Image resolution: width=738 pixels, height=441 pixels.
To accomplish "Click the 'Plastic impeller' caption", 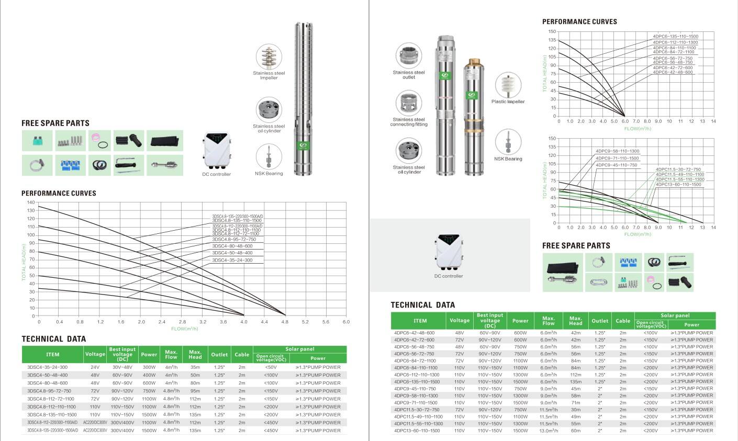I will tap(508, 101).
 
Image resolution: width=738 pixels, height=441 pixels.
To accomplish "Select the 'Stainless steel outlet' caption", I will tap(409, 75).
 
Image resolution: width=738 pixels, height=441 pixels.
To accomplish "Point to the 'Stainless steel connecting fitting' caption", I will tap(409, 122).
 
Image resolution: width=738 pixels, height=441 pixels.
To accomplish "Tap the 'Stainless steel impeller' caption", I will tap(269, 75).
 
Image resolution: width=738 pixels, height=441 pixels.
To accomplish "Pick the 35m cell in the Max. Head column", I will tap(195, 367).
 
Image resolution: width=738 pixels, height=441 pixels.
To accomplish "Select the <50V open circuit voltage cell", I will tap(271, 367).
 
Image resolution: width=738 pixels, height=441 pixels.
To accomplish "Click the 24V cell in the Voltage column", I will tap(95, 367).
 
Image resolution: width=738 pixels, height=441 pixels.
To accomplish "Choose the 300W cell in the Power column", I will tap(149, 367).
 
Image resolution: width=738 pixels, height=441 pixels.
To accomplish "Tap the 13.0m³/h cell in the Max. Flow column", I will tap(548, 431).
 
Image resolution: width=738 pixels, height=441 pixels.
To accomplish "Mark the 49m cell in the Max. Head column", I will tap(576, 417).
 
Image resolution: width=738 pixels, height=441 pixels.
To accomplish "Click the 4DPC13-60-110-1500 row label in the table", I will tap(417, 431).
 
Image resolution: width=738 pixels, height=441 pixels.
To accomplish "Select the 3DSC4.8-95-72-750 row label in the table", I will tap(49, 391).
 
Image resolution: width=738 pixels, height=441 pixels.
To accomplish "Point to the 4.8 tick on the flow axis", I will tap(285, 322).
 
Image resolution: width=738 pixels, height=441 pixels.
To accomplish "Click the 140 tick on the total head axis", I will tap(30, 202).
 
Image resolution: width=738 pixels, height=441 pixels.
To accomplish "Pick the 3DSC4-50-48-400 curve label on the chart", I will tap(232, 253).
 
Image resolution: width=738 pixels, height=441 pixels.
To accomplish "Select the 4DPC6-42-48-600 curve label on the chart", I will tap(673, 72).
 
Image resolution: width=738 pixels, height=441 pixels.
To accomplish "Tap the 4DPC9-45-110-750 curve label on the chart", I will tap(617, 165).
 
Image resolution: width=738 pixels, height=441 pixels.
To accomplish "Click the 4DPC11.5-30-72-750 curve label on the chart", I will tap(678, 169).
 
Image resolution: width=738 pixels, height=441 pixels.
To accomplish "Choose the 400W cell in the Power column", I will tap(149, 375).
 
